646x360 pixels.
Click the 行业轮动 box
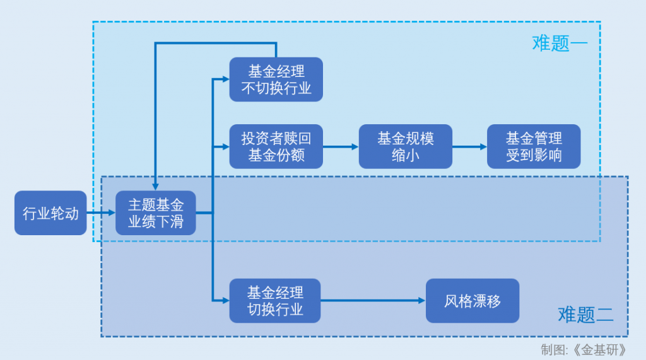pos(50,213)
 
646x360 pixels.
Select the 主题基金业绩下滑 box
pos(156,213)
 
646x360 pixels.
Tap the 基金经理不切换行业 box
pos(276,79)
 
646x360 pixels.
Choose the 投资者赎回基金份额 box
pos(276,146)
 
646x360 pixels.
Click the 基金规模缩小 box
pos(405,146)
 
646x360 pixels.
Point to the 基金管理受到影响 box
pos(534,146)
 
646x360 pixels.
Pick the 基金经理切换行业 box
pos(275,301)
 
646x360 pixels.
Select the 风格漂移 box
pos(473,301)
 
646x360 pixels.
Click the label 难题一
pos(560,44)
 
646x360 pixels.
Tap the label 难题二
pos(585,314)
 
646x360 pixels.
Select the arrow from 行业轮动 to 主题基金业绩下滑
pos(100,213)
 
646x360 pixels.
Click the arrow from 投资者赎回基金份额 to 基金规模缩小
pos(341,146)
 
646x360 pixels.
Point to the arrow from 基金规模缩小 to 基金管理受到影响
pos(469,146)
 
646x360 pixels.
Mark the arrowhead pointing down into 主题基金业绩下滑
pos(156,187)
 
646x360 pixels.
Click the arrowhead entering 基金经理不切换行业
pos(225,79)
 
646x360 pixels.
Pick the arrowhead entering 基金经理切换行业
pos(225,301)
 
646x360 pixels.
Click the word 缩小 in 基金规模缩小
pos(405,154)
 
